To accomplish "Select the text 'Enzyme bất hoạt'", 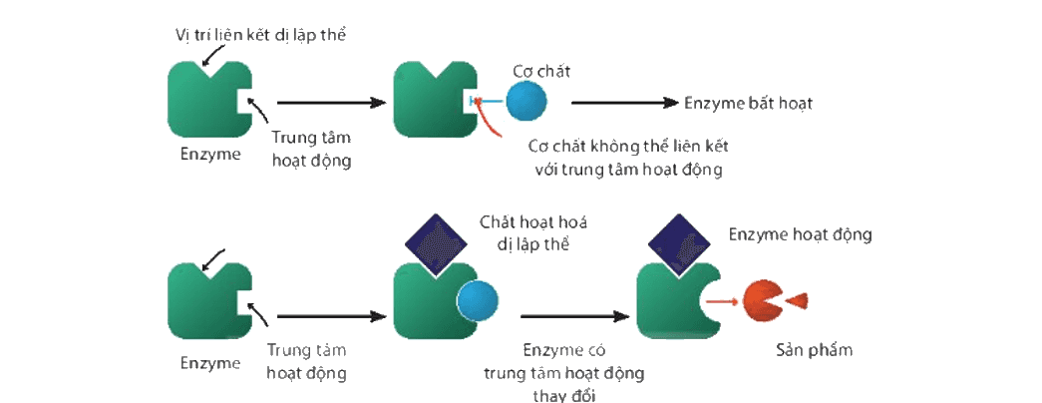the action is (x=748, y=103).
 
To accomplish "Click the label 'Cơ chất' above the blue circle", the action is (x=541, y=70).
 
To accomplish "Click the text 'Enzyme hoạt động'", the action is (x=800, y=234).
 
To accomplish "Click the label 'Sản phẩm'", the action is (x=814, y=350).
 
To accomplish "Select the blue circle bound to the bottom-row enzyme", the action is (x=478, y=300).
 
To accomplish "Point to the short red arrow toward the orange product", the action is (x=722, y=301).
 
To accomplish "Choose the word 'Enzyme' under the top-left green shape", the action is (x=210, y=154).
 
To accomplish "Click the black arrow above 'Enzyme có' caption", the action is (x=574, y=316).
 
